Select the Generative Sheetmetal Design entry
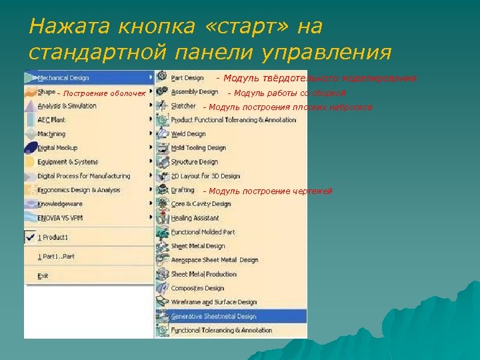coord(213,316)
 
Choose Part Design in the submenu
coord(187,78)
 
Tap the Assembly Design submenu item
coord(194,92)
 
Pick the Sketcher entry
coord(183,106)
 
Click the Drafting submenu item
coord(183,190)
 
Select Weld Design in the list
coord(188,134)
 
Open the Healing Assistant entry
coord(195,218)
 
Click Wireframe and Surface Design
coord(213,302)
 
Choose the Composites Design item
coord(197,288)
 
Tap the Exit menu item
coord(43,275)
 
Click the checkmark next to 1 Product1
coord(29,237)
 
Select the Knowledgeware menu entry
coord(60,204)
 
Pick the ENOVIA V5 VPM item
coord(61,218)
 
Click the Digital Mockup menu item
coord(57,148)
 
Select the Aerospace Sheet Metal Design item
coord(214,260)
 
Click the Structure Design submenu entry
coord(194,162)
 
